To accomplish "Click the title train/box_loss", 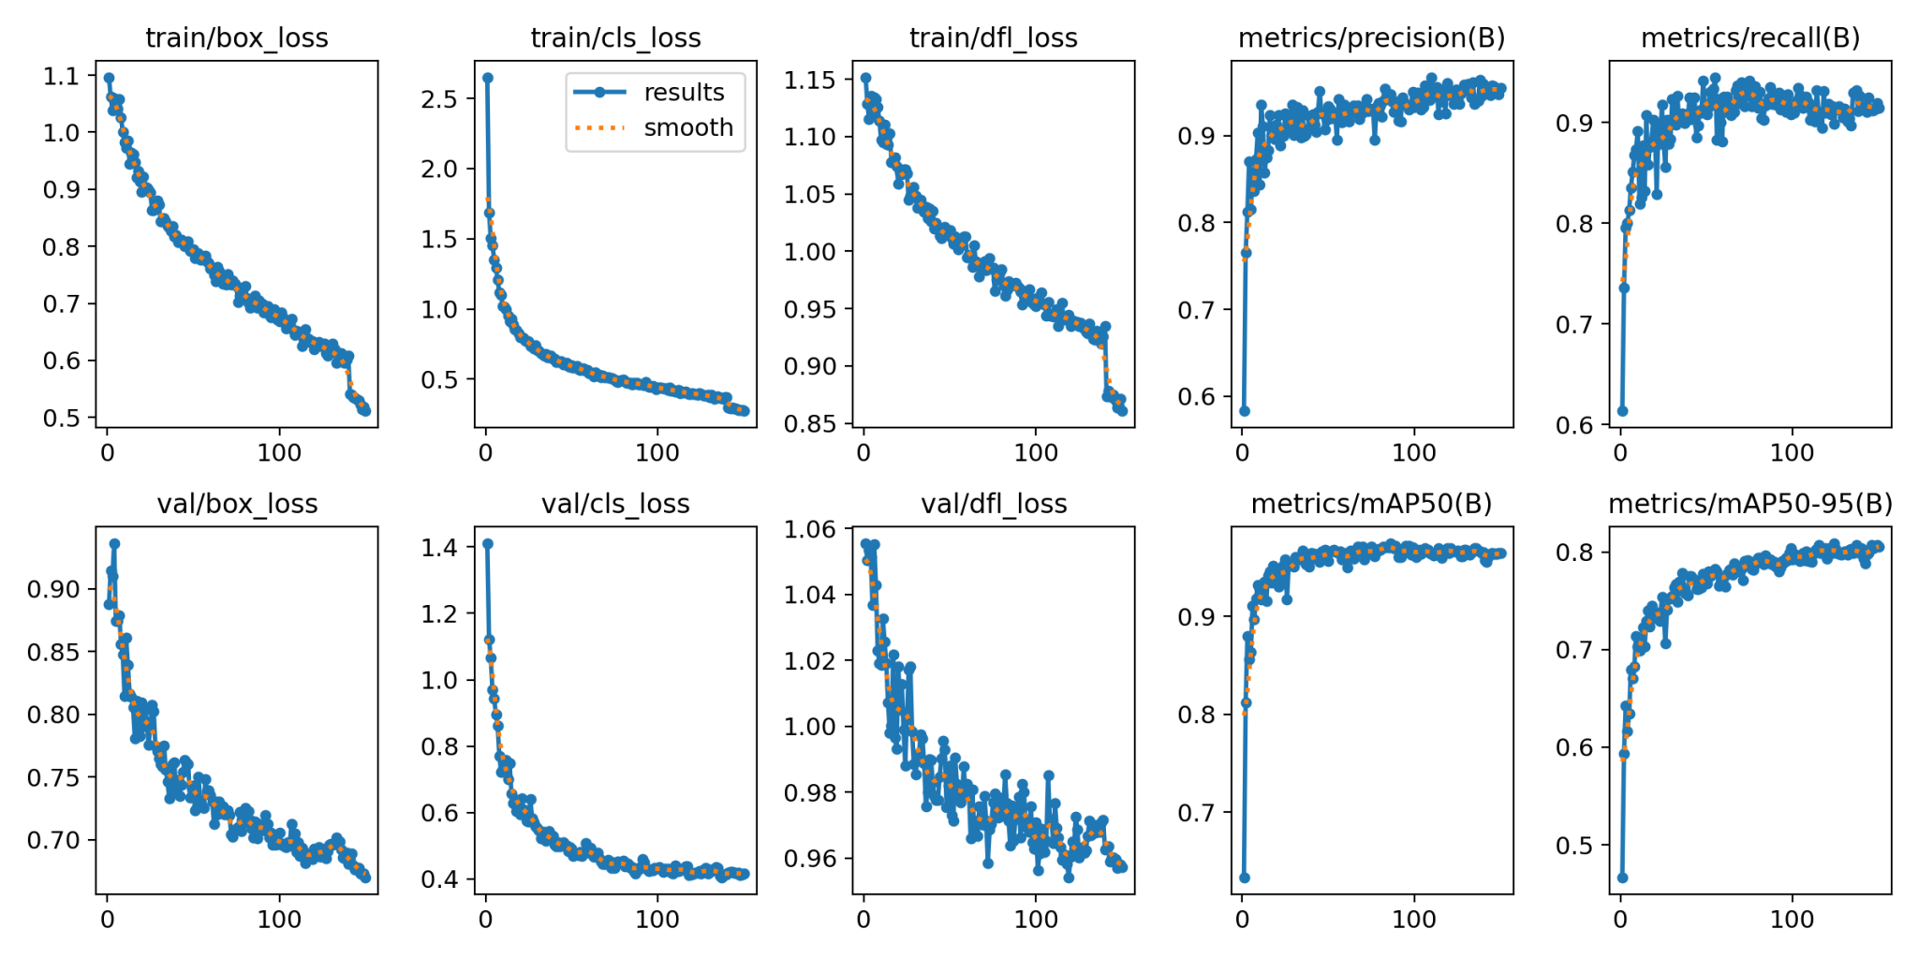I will coord(237,38).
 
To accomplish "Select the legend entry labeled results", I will coord(684,93).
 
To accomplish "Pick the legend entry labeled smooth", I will coord(688,127).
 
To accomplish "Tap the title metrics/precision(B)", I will coord(1371,38).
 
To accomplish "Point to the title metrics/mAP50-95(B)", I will coord(1750,505).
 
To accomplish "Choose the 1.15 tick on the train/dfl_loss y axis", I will coord(810,81).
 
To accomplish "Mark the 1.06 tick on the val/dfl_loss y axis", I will coord(810,529).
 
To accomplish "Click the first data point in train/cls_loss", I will coord(488,78).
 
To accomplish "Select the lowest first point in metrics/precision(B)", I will coord(1245,411).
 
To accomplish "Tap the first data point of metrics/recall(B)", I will coord(1623,411).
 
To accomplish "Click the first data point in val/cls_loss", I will coord(488,543).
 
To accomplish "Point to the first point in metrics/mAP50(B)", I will coord(1245,878).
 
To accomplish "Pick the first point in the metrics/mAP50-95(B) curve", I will coord(1623,878).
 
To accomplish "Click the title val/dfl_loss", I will coord(994,505).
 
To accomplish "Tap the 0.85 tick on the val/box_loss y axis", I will coord(53,652).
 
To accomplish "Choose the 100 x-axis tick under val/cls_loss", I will coord(657,920).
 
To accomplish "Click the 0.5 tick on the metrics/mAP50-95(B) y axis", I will coord(1576,846).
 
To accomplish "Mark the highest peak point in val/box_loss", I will coord(114,543).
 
